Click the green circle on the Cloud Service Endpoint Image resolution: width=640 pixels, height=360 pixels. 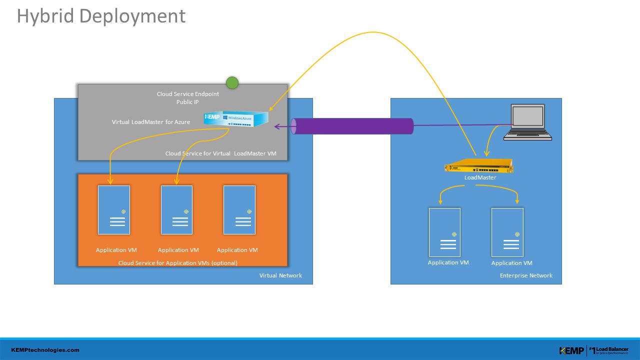pos(232,83)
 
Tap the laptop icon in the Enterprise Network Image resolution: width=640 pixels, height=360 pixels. pos(527,122)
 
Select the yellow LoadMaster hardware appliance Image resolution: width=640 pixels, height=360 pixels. pos(479,165)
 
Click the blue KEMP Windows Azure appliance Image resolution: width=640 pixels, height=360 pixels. pos(236,118)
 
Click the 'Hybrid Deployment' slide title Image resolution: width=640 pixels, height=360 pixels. pos(101,16)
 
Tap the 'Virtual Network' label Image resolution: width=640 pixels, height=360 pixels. pos(280,275)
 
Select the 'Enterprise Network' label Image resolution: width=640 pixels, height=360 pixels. pos(526,275)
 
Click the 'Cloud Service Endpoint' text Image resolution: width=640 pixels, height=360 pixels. pos(187,93)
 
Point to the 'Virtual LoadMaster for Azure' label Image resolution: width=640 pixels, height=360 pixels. pos(151,122)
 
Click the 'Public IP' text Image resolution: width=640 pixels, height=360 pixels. pos(187,102)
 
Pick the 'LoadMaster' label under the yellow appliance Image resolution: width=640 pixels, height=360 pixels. pos(480,177)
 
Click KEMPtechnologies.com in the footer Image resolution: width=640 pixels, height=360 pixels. pos(45,350)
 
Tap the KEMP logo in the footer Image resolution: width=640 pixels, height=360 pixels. pos(571,350)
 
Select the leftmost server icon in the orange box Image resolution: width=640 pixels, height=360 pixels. pos(114,210)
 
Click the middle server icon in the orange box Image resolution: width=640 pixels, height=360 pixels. pos(176,210)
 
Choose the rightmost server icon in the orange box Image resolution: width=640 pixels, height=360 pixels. pos(239,210)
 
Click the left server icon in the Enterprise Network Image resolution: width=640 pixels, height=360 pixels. pos(444,232)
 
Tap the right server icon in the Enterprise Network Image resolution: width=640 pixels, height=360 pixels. pos(507,232)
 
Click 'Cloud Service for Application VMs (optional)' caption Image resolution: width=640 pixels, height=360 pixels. pos(177,263)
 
